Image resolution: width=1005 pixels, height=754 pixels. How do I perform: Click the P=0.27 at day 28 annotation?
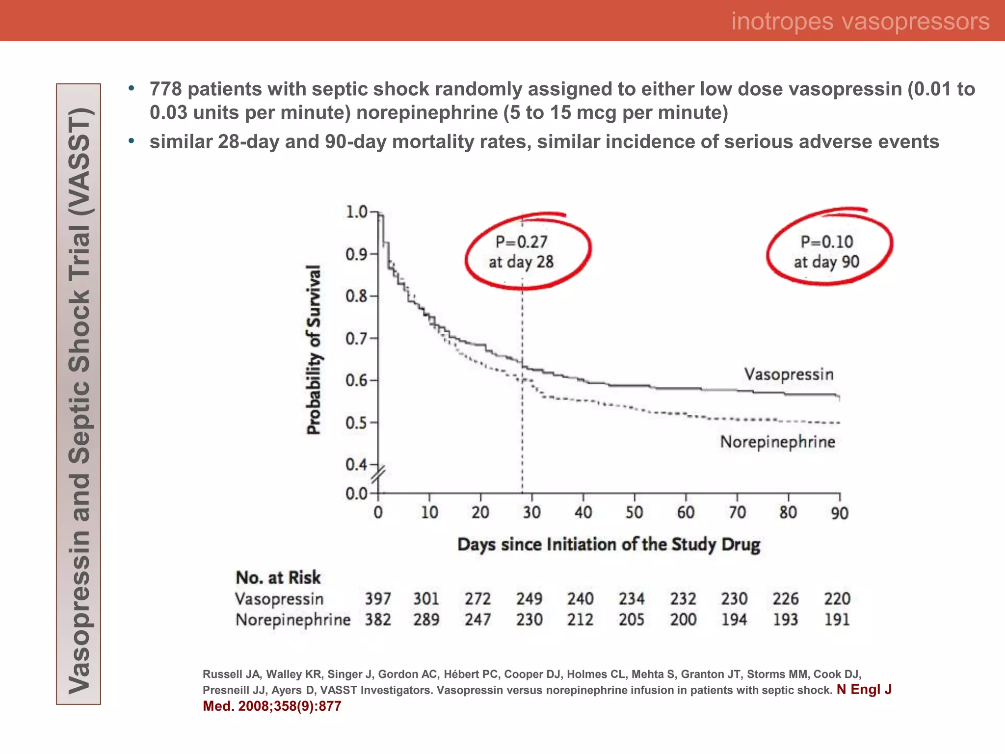521,252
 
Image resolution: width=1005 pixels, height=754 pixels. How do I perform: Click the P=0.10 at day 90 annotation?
827,252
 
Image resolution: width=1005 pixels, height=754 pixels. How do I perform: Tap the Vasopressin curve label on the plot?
789,375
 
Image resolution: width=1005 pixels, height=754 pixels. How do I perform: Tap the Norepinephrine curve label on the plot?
777,442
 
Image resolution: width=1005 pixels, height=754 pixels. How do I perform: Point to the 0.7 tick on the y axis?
356,339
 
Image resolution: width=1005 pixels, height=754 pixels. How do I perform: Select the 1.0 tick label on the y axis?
356,212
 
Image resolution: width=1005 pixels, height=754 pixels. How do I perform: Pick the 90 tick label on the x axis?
839,513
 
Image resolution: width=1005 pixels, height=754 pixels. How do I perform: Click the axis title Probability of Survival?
314,350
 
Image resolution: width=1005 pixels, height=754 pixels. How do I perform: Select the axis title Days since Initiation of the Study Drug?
608,545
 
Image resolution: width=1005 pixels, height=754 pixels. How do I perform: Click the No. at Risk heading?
278,578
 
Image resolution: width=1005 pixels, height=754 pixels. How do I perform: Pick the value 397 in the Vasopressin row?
378,599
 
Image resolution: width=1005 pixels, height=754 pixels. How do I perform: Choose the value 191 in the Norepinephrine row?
837,619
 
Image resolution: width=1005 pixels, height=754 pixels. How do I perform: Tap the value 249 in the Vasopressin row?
529,599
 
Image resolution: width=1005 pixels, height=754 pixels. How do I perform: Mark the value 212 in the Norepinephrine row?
580,619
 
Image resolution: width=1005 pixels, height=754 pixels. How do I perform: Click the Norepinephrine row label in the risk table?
293,620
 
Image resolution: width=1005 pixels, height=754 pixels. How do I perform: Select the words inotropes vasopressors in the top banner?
860,21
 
